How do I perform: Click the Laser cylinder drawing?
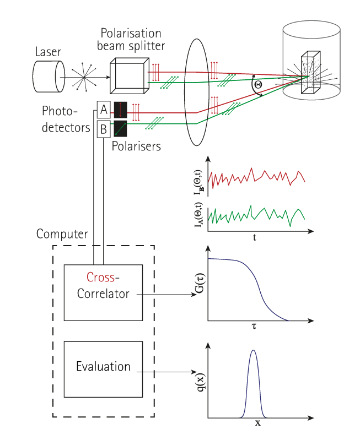tap(49, 77)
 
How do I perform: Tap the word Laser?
tap(48, 52)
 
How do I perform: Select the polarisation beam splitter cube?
tap(129, 76)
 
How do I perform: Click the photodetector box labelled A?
tap(104, 110)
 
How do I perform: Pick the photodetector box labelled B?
tap(104, 129)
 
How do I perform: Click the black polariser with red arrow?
tap(120, 110)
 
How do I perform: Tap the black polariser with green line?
tap(120, 129)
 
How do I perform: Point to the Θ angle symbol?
tap(257, 84)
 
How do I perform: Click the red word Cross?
tap(100, 277)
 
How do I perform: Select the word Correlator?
tap(103, 294)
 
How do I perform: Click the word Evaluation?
tap(103, 366)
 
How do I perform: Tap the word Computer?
tap(62, 234)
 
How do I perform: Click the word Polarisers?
tap(136, 146)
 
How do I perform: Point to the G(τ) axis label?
tap(200, 284)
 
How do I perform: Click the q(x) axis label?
tap(200, 382)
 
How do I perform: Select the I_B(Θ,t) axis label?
tap(198, 182)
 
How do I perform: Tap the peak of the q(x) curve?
tap(254, 350)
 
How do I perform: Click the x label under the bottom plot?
tap(257, 423)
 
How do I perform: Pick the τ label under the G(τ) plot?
tap(254, 326)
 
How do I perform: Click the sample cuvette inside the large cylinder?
tap(311, 72)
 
